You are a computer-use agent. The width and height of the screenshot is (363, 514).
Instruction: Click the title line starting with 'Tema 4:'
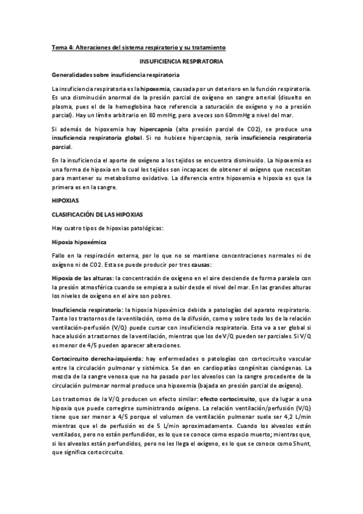coord(139,47)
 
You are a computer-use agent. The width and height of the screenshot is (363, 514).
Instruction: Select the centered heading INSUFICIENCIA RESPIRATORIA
coord(181,61)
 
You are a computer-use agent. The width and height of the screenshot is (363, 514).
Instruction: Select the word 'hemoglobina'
coord(127,106)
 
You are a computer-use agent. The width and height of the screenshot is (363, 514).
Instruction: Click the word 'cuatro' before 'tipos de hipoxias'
coord(76,227)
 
